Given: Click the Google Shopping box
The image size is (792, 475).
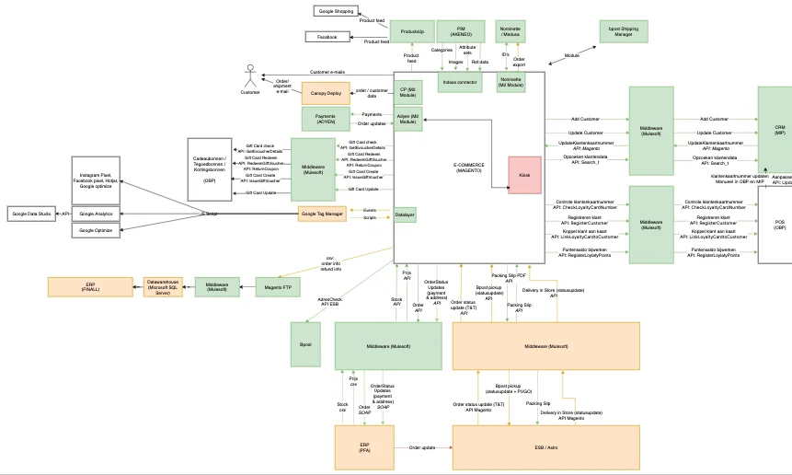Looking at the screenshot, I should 336,11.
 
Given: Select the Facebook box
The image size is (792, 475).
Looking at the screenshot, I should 327,37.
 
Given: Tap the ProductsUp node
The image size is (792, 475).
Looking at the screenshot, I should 412,32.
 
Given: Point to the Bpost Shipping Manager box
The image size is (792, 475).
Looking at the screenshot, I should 622,32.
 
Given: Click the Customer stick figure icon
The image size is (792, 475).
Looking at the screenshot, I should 249,75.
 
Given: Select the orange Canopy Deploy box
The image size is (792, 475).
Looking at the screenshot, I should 327,93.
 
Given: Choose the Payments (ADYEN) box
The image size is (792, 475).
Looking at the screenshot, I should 325,119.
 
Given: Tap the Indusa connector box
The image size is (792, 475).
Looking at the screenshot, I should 460,83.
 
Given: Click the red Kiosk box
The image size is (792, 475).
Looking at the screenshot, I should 524,175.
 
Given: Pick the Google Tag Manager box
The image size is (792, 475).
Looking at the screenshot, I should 322,214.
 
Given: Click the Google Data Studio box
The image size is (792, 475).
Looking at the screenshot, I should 32,214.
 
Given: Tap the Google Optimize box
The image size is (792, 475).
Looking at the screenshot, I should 96,230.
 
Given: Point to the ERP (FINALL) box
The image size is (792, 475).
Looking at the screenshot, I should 91,286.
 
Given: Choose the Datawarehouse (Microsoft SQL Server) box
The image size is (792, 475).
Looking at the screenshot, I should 164,286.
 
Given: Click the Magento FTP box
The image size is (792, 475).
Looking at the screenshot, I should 277,286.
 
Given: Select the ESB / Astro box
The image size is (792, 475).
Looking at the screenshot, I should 546,447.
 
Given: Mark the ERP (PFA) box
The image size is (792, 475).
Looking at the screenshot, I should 364,447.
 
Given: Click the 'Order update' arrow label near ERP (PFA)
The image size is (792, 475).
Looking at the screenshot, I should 422,448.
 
